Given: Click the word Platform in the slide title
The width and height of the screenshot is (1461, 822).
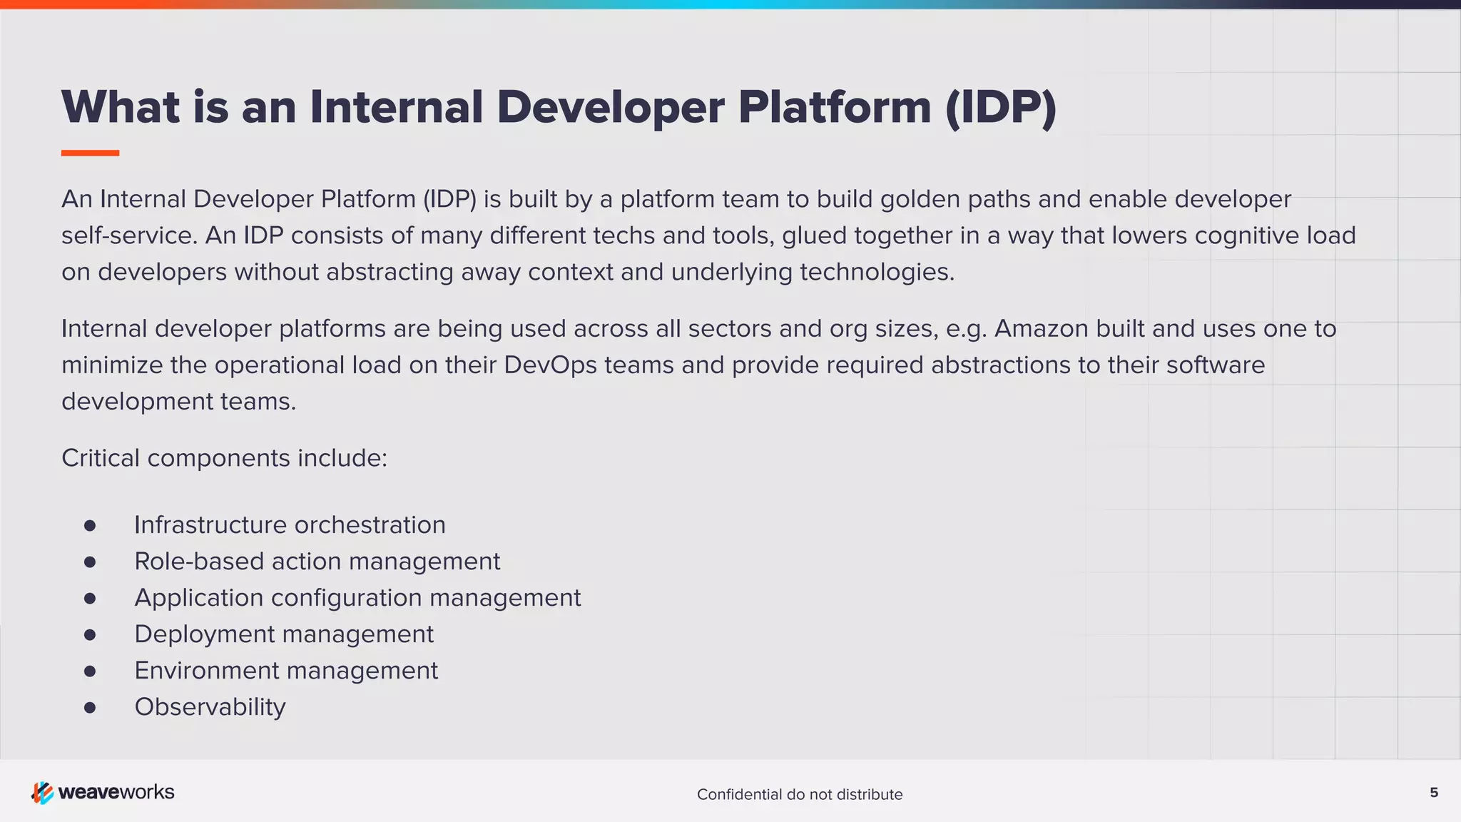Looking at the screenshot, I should pos(834,108).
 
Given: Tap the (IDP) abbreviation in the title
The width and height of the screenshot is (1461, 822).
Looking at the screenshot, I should pos(1000,108).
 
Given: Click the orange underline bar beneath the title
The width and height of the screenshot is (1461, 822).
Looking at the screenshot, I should pos(90,153).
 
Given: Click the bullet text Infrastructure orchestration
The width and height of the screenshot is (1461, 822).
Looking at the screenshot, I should pos(290,525).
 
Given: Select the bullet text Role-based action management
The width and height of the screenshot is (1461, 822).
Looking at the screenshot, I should pos(317,562).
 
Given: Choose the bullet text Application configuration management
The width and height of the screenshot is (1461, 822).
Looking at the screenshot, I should pos(357,598).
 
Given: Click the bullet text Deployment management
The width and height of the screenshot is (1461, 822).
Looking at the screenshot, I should pos(284,634).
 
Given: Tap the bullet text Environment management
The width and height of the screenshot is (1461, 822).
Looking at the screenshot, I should pos(286,671).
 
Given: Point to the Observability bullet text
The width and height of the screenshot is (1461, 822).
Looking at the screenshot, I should pos(210,707).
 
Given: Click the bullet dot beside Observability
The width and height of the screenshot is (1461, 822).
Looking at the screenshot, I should pos(90,708).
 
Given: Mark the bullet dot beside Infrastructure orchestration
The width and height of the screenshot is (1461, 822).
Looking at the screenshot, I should pos(90,526).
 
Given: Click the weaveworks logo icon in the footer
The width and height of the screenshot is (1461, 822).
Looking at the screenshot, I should pos(42,793).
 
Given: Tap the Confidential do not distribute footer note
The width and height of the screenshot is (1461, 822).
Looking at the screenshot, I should pos(800,795).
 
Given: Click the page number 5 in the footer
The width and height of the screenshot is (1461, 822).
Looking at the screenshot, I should pos(1434,793).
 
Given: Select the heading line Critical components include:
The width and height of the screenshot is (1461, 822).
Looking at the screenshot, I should pos(224,458).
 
